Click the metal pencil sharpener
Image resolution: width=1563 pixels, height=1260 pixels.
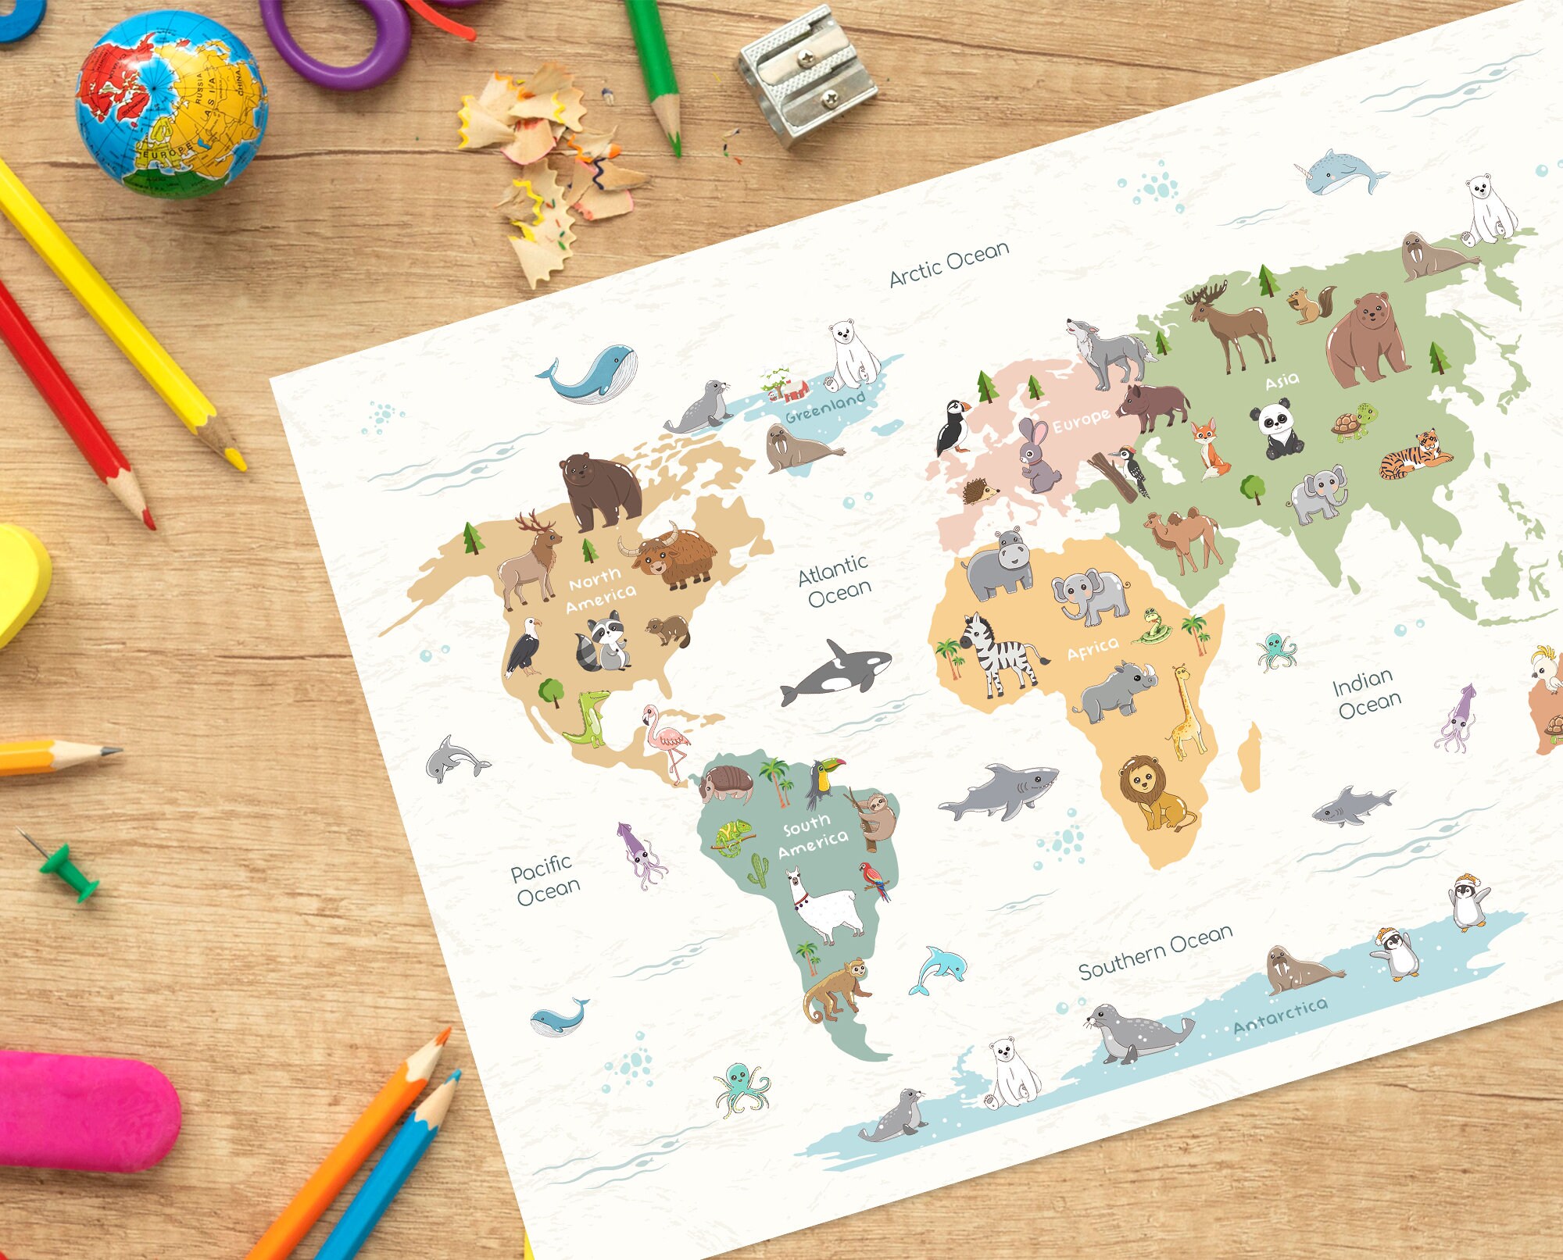807,76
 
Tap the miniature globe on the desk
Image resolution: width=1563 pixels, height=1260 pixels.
171,104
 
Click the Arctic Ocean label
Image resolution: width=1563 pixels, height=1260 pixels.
949,263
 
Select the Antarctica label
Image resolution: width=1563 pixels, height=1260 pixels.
1280,1015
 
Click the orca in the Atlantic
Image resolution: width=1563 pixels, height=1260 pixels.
839,669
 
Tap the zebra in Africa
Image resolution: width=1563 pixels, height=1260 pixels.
996,653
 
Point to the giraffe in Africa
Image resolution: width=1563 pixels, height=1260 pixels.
1186,711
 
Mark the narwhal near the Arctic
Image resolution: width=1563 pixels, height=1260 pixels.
1343,173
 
